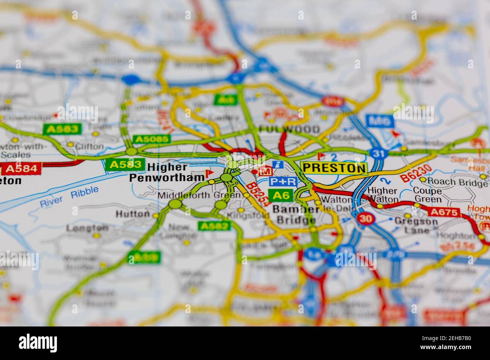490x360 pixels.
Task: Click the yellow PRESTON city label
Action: [x=334, y=168]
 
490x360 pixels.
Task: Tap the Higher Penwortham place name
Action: [x=167, y=172]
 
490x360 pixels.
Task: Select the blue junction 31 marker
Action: [x=377, y=154]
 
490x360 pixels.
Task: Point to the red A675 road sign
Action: [x=445, y=212]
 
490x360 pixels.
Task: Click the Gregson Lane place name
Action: [x=416, y=226]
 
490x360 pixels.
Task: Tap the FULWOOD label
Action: [x=289, y=129]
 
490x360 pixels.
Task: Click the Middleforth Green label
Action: [x=199, y=195]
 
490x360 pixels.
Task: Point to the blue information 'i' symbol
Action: [x=278, y=164]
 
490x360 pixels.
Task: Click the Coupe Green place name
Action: [x=427, y=195]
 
